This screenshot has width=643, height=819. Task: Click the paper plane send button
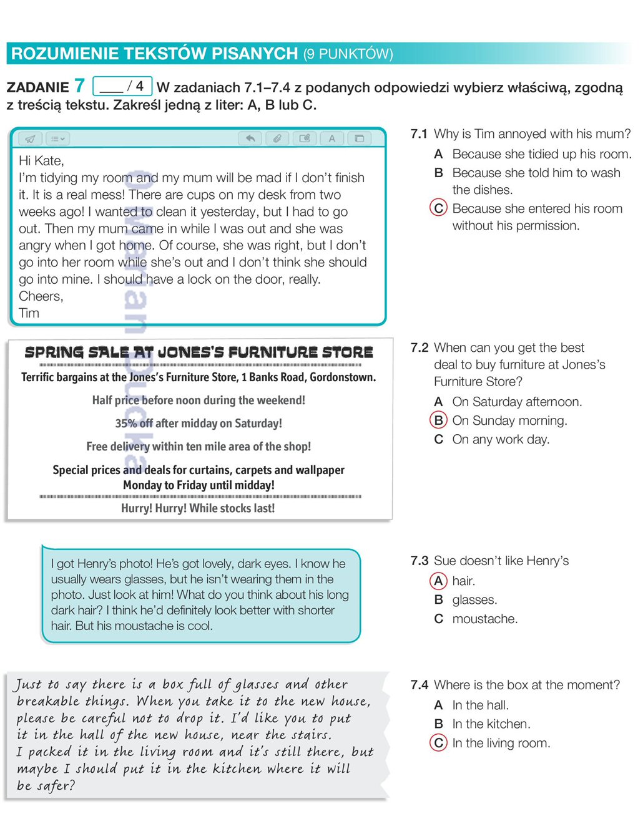click(30, 138)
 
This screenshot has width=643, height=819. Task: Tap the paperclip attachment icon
click(277, 138)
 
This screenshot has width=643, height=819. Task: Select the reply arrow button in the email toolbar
click(250, 138)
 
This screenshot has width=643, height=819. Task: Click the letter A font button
click(332, 138)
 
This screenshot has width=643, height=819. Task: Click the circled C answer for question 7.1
click(439, 208)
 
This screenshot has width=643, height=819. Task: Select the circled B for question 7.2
click(439, 420)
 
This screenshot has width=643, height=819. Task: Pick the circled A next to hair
click(439, 581)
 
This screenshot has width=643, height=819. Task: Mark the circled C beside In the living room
click(439, 743)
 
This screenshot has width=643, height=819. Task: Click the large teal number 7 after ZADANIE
click(79, 85)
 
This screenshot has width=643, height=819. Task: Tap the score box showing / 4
click(122, 86)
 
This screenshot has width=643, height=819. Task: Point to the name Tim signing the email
click(29, 313)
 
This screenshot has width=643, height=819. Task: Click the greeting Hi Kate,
click(41, 161)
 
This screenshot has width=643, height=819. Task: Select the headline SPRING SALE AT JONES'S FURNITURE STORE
click(199, 352)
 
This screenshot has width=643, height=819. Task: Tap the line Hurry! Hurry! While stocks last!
click(198, 508)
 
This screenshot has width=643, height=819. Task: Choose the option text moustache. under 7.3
click(485, 619)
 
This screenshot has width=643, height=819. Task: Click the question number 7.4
click(420, 685)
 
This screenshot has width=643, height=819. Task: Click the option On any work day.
click(501, 440)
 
